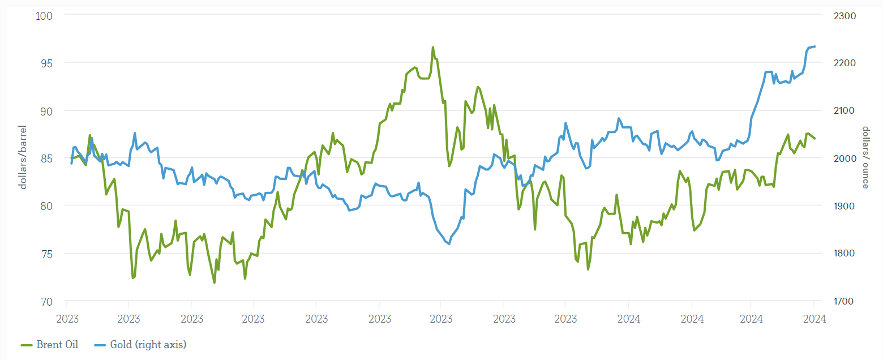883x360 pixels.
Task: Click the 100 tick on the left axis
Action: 44,15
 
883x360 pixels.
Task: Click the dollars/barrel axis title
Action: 23,157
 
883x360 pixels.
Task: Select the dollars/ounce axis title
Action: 865,157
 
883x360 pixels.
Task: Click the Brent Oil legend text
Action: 57,344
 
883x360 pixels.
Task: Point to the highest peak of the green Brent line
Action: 433,48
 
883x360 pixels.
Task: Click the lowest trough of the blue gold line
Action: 449,244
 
